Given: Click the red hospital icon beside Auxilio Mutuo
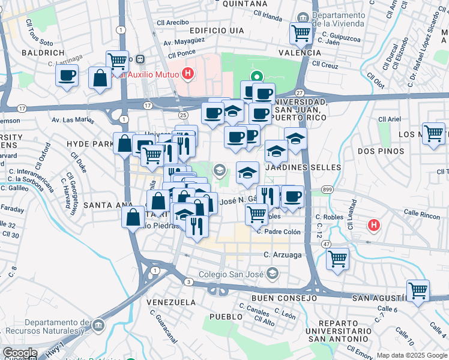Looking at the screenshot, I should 188,75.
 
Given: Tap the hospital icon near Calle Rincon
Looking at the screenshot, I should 374,226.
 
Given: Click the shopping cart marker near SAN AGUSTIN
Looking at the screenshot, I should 418,290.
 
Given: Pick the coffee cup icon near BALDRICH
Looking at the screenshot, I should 67,76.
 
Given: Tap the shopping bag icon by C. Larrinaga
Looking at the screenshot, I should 100,78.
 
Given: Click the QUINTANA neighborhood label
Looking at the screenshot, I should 244,4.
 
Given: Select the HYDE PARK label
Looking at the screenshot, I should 90,144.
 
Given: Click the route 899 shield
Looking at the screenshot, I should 327,190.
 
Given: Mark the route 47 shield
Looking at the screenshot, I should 326,245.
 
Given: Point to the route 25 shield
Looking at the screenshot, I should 184,115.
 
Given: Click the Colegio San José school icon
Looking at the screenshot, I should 273,274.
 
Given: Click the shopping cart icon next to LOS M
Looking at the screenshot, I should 433,133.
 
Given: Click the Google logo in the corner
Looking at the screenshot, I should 19,353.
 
